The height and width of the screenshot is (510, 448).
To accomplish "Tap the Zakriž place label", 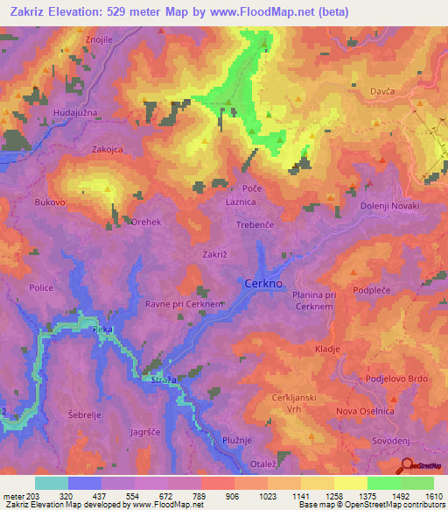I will (x=215, y=254).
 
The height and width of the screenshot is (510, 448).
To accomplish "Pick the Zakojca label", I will (x=109, y=150).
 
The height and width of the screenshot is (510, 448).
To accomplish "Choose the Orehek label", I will (x=146, y=223).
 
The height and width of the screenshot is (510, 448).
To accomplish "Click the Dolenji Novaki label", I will (x=390, y=205).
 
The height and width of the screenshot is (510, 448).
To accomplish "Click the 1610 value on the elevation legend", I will (x=430, y=495).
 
